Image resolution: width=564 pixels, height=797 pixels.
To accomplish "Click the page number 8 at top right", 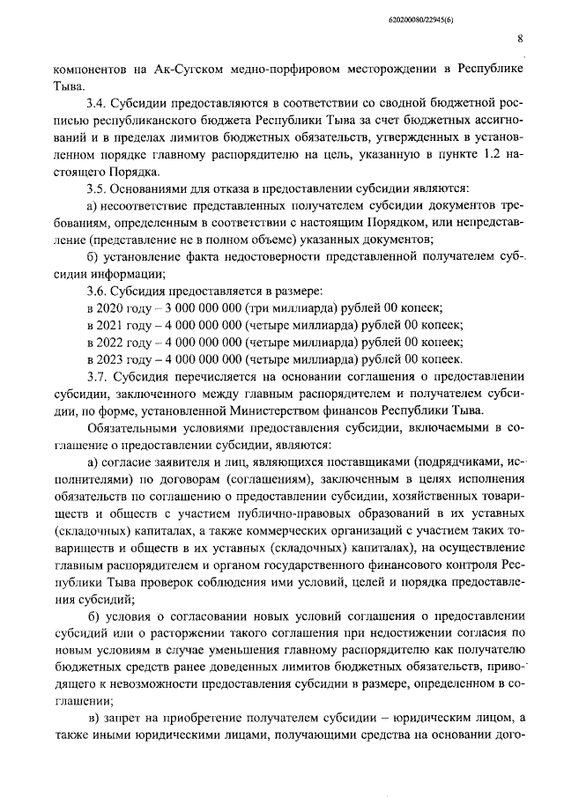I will click(x=520, y=39).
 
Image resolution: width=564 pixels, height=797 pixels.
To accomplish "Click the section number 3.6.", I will click(x=97, y=289).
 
